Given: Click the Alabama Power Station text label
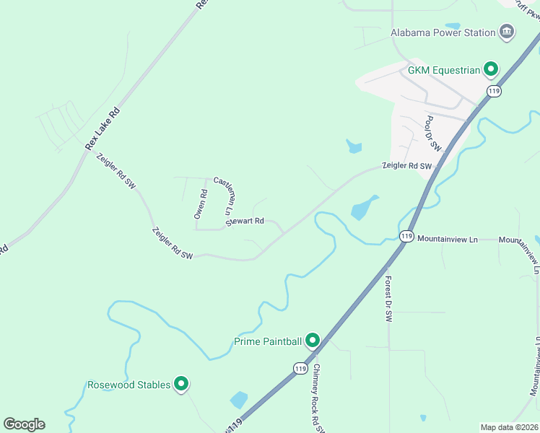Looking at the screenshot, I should tap(443, 32).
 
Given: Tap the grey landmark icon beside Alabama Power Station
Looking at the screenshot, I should tap(508, 32).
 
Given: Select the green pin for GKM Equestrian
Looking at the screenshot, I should tap(491, 70).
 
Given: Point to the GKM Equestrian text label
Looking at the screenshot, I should tap(444, 70).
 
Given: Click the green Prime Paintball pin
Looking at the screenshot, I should tap(313, 340).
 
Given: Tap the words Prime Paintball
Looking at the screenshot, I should tap(267, 341).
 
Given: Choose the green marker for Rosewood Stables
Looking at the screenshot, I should tap(181, 385).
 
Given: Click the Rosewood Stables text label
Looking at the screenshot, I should tap(129, 385).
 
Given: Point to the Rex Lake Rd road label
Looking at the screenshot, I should tap(102, 129).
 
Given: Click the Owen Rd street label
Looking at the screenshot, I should tap(200, 204).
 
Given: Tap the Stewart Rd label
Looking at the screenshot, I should tap(245, 221).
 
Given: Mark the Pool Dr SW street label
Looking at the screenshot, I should tap(433, 133).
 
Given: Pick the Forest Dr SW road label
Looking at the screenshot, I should tap(388, 299).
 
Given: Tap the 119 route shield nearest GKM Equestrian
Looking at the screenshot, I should tap(494, 91).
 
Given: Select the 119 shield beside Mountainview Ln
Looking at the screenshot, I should tap(406, 236).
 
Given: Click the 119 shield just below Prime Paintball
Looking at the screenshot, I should tap(300, 368).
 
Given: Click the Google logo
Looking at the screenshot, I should tap(24, 424).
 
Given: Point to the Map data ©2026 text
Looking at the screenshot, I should tap(510, 427).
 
